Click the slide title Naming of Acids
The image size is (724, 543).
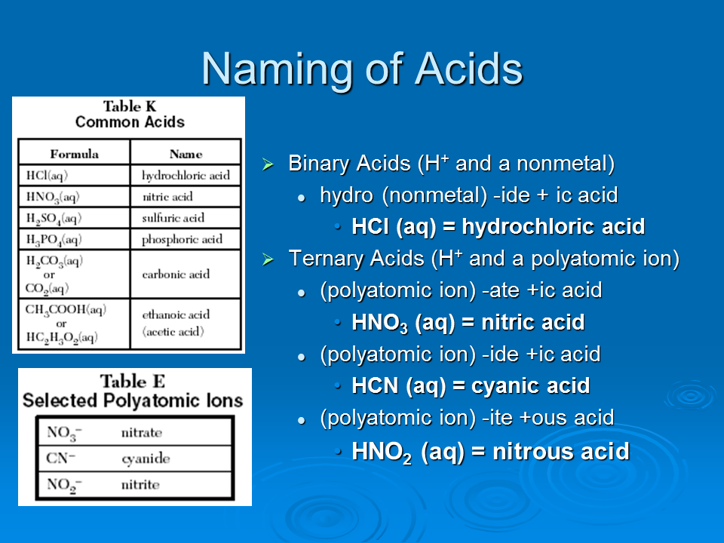coord(362,69)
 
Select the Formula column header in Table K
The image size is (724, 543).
coord(75,154)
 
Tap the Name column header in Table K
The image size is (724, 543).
coord(186,154)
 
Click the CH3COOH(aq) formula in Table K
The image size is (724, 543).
coord(66,309)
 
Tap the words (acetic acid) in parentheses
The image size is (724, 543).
coord(173,332)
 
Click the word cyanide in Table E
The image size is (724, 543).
coord(146,458)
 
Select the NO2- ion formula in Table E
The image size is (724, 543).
coord(64,485)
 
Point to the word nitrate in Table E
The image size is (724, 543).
coord(142,433)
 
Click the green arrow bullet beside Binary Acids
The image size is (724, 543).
coord(268,164)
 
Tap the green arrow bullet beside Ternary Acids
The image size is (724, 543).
coord(268,259)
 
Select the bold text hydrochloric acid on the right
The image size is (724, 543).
coord(553,227)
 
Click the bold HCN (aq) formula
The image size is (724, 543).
coord(398,386)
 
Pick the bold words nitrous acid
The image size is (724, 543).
coord(561,451)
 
